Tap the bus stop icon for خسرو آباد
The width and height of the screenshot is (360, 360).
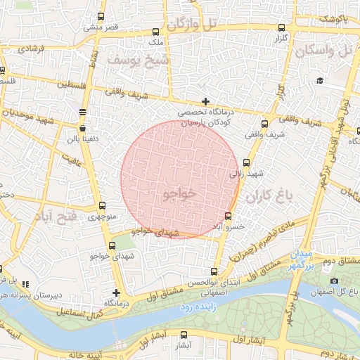pos(228,216)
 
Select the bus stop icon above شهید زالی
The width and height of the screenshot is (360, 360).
pos(246,162)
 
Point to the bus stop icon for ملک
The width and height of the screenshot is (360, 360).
pos(155,32)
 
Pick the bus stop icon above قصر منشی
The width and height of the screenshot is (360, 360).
pos(101,17)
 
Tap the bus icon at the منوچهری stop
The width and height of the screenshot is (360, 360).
pos(103,206)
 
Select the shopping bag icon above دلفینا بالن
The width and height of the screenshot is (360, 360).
pos(84,129)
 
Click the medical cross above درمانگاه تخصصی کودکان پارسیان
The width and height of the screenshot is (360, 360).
pos(205,102)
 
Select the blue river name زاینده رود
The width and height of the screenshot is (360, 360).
pos(176,308)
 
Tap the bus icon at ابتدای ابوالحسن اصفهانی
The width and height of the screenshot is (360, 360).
pos(214,271)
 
